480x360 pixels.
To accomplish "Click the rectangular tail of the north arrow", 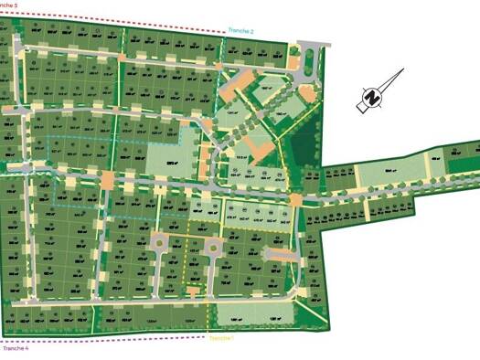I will click(x=361, y=106).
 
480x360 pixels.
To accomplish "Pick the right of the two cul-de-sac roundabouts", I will click(x=213, y=244).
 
